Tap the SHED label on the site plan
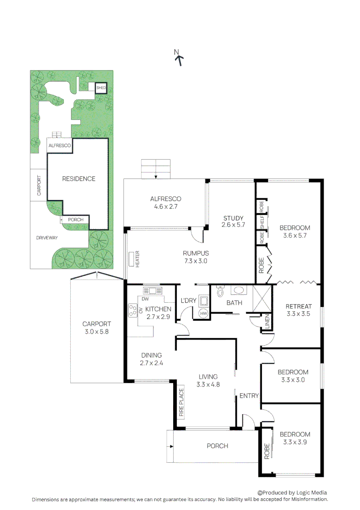[101, 88]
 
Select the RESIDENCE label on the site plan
[79, 179]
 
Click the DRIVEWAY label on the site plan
[47, 238]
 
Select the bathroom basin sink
[239, 291]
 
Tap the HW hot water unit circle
[204, 313]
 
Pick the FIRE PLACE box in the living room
[181, 403]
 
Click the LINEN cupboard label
[267, 323]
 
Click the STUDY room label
[233, 218]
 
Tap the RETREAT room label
[299, 306]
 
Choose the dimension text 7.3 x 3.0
[196, 261]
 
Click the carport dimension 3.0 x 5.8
[96, 331]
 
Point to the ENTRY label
[249, 396]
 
